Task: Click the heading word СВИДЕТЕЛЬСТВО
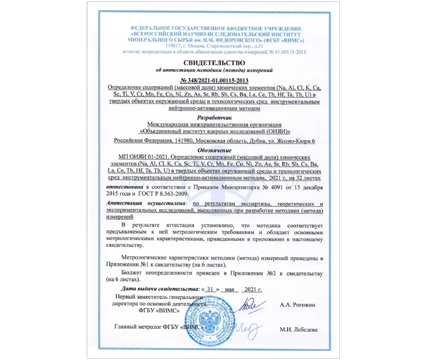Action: pyautogui.click(x=213, y=62)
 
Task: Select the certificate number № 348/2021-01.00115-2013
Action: pyautogui.click(x=213, y=80)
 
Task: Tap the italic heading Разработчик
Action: pyautogui.click(x=213, y=117)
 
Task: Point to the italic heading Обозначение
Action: pyautogui.click(x=213, y=150)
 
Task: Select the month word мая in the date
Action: pyautogui.click(x=233, y=288)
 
